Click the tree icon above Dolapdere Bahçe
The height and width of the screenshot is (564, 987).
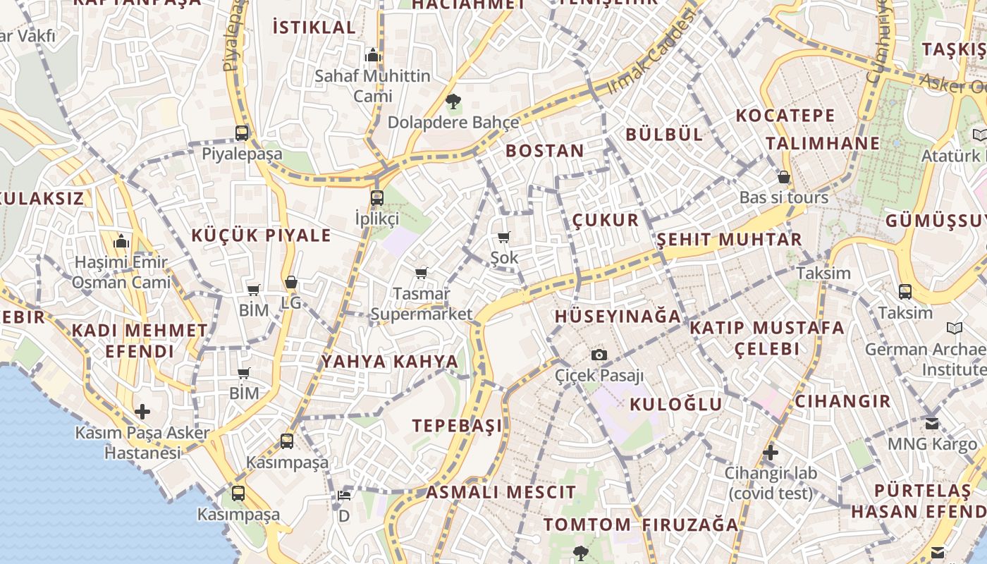(x=453, y=102)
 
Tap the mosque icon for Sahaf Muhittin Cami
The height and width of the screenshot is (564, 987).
(x=372, y=55)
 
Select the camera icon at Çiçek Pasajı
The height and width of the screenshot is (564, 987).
(x=599, y=355)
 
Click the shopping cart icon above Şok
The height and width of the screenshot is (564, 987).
(x=503, y=238)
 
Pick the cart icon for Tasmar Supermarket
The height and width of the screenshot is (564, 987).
(x=421, y=273)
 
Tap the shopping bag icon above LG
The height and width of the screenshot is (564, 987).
(x=290, y=283)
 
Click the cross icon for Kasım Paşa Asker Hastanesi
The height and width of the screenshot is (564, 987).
(x=142, y=411)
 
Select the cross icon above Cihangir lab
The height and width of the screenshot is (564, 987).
(x=771, y=452)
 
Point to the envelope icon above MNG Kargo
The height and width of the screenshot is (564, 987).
(x=932, y=424)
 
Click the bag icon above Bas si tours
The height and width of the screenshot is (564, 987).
(x=783, y=177)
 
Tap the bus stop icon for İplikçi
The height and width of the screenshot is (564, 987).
(x=377, y=197)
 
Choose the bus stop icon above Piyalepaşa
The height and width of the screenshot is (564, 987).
(x=242, y=133)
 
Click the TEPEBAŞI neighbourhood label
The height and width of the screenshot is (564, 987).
(x=458, y=426)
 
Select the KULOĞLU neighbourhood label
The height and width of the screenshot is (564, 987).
(x=675, y=404)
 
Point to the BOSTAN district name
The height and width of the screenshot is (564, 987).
(x=544, y=151)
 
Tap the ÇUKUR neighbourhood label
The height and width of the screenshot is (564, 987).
(x=605, y=220)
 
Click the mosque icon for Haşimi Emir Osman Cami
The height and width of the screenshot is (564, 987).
(x=121, y=242)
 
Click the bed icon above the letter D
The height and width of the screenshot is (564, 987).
(x=343, y=496)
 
